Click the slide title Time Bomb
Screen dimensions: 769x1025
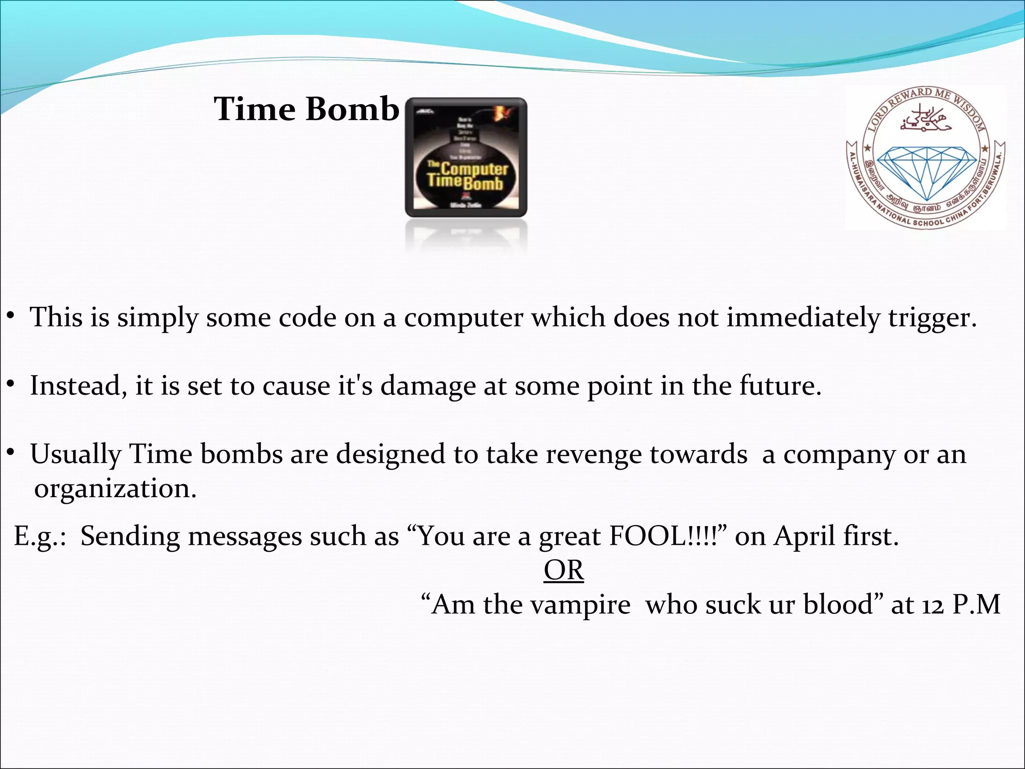pyautogui.click(x=306, y=109)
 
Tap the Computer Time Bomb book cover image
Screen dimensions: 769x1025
pyautogui.click(x=466, y=158)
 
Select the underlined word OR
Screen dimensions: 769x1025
pyautogui.click(x=564, y=570)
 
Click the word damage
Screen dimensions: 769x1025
pyautogui.click(x=428, y=386)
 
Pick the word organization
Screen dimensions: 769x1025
pyautogui.click(x=115, y=489)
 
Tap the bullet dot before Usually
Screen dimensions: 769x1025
pyautogui.click(x=10, y=453)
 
